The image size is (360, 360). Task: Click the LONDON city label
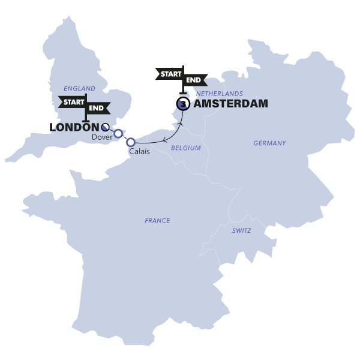click(x=74, y=128)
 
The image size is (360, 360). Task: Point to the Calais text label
click(x=139, y=152)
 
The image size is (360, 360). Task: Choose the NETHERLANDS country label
click(x=220, y=94)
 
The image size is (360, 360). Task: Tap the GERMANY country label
click(x=269, y=143)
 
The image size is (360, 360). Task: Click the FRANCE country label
click(x=157, y=221)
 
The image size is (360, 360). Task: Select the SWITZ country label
click(x=242, y=230)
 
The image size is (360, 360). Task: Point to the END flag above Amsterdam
click(x=194, y=80)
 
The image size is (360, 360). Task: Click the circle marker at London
click(x=106, y=127)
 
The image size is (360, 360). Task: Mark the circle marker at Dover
click(x=119, y=133)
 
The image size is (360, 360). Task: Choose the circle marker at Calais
click(x=130, y=142)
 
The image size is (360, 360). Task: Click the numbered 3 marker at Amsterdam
click(x=182, y=104)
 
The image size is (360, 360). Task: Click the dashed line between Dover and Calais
click(x=125, y=138)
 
